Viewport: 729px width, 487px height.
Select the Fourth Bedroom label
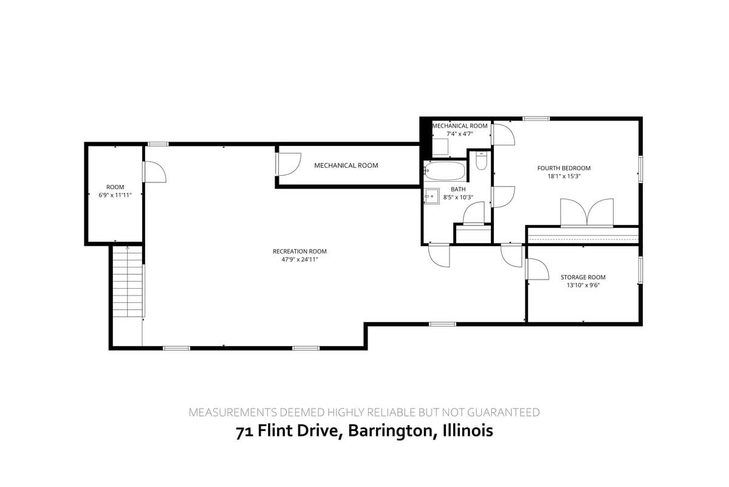564,168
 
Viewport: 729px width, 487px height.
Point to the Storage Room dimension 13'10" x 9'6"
583,285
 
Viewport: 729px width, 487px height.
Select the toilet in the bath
481,161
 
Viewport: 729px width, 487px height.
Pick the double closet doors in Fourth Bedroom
586,213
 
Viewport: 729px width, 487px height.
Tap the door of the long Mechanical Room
289,164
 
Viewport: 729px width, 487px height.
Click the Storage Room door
535,269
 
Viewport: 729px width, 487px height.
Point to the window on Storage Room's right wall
640,269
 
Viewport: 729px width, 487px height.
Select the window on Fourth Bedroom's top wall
536,118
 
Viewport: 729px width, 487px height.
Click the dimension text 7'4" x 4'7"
459,133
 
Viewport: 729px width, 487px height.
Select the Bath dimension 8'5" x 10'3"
458,197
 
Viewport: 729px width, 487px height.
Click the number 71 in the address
244,431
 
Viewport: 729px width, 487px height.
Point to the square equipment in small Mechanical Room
440,147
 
